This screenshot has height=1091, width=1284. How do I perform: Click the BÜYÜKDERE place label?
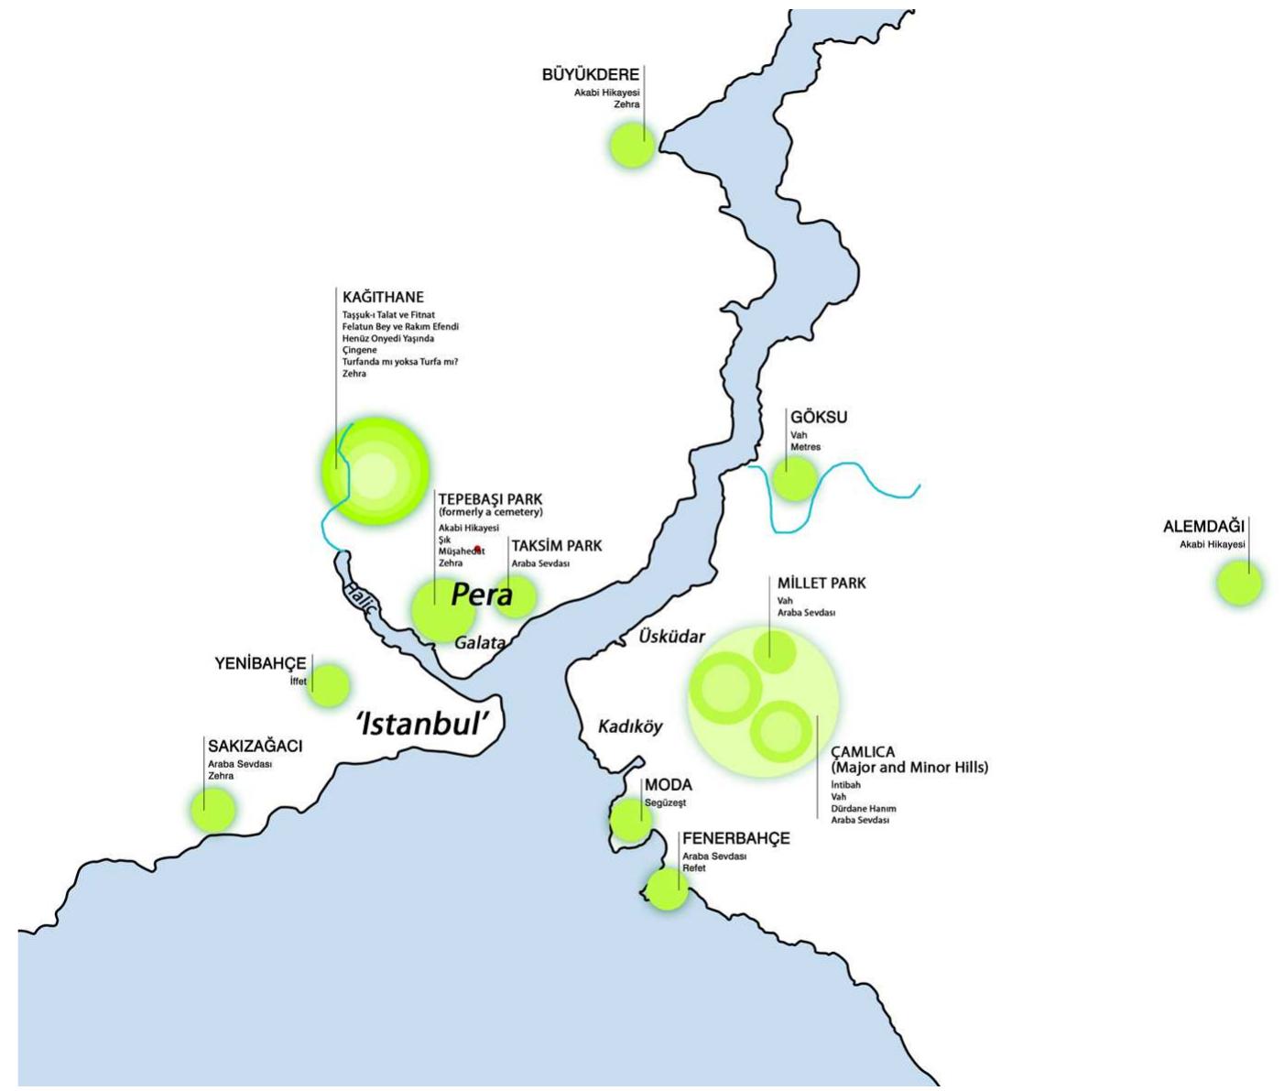coord(590,75)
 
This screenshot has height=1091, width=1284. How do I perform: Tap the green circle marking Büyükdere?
coord(632,146)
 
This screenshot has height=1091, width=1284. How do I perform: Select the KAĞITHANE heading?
coord(383,298)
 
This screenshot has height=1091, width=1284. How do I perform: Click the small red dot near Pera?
coord(477,550)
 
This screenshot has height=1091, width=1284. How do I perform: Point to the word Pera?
coord(481,595)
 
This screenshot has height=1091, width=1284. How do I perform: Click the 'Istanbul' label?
coord(430,724)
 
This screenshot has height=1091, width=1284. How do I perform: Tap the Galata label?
coord(480,643)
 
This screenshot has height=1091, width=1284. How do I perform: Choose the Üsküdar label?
coord(672,636)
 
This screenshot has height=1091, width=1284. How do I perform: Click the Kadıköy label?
coord(630,726)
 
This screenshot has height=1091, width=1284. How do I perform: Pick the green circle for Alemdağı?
coord(1239,583)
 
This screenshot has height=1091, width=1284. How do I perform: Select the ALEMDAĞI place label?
coord(1203,527)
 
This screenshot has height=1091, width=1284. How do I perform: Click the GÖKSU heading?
coord(819,418)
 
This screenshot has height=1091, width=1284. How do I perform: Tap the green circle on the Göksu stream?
coord(794,478)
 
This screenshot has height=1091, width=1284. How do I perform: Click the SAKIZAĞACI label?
coord(255,747)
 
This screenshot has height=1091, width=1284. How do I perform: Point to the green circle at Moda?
coord(631,820)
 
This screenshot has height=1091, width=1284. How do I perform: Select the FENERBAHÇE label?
coord(735,838)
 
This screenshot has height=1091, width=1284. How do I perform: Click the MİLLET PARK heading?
coord(822,584)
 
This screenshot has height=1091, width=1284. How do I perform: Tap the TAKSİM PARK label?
coord(556,546)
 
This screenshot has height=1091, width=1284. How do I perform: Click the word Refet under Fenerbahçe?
coord(693,867)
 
